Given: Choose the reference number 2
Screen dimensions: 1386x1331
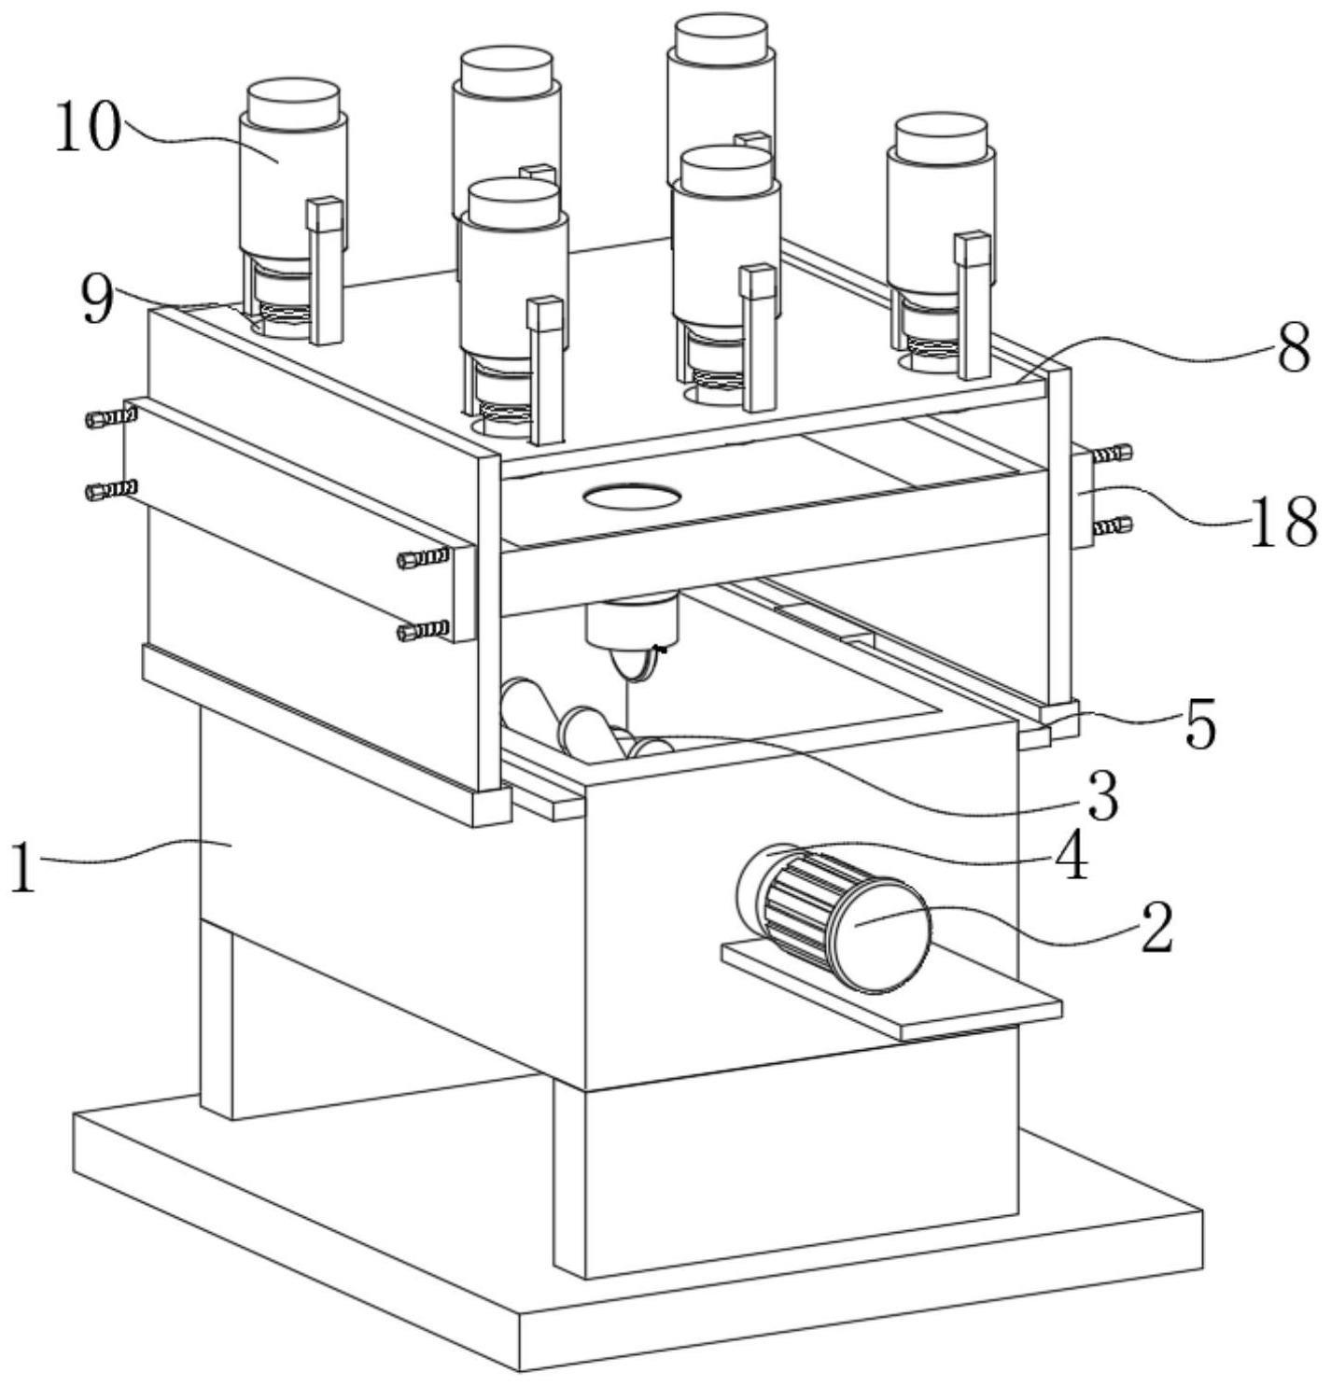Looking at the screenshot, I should [1156, 927].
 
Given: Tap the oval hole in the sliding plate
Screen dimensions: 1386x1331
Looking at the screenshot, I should [631, 496].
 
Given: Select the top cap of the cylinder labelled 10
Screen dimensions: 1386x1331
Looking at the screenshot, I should [292, 101].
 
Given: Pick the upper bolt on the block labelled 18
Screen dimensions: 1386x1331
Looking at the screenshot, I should [1110, 455].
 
